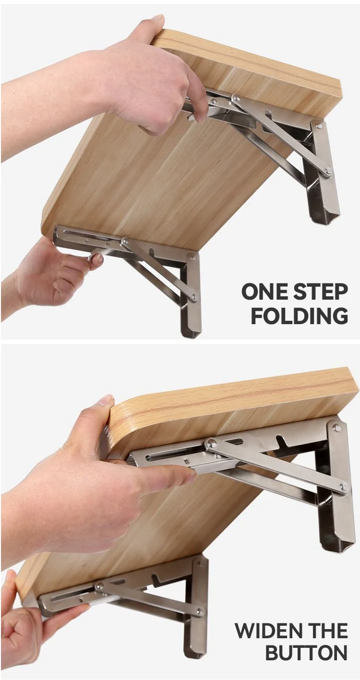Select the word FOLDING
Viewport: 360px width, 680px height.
point(300,316)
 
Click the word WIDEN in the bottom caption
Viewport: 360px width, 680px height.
point(266,631)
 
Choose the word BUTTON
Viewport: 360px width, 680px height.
point(306,653)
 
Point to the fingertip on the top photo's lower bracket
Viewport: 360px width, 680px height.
point(97,258)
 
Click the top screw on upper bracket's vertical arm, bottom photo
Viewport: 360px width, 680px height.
point(336,426)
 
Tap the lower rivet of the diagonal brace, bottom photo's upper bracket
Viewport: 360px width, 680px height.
point(343,486)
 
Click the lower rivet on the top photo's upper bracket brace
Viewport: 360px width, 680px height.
point(327,170)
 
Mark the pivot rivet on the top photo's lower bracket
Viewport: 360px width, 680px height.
point(125,241)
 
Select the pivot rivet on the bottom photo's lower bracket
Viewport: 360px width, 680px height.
point(99,586)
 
